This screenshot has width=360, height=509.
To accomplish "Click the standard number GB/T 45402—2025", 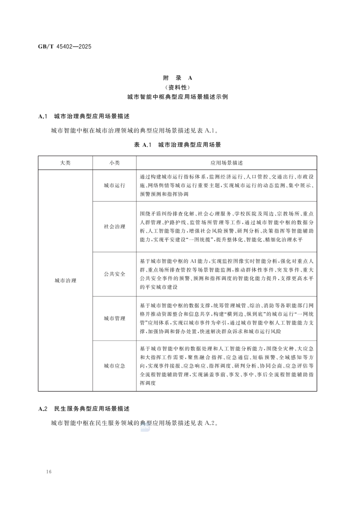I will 65,47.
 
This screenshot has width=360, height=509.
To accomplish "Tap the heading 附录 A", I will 178,78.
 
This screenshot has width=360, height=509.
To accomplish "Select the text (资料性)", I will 178,87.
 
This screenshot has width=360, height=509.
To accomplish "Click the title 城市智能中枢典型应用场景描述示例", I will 178,97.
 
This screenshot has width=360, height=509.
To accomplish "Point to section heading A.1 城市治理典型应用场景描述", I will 84,116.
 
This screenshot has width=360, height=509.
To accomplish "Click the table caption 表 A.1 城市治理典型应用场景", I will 177,145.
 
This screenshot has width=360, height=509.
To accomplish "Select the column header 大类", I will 65,163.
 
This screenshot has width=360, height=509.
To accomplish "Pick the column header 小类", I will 114,163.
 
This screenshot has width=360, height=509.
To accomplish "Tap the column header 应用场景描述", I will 227,163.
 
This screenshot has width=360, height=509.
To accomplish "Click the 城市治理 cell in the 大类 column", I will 65,280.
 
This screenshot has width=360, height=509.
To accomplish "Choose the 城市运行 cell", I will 114,186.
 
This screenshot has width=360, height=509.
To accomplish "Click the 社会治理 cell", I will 114,227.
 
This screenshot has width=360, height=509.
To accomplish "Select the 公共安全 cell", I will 114,274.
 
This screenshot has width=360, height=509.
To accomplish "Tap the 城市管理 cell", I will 114,318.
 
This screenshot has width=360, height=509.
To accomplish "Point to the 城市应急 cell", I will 114,366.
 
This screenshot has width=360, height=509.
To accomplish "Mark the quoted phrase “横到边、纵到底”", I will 246,314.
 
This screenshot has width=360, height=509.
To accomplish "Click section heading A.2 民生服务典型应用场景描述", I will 84,409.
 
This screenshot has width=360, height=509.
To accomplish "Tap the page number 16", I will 49,472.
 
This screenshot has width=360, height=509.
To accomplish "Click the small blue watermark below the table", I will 145,427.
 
